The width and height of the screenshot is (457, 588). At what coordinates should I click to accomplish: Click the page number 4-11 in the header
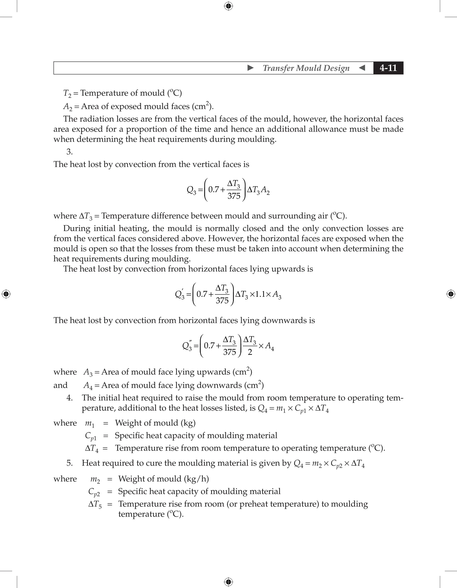click(x=388, y=68)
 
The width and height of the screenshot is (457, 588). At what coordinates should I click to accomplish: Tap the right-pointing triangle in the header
click(x=250, y=68)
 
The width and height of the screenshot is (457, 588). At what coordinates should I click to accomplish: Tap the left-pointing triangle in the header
click(x=362, y=68)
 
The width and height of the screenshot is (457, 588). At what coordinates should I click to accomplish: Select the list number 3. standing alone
click(x=69, y=152)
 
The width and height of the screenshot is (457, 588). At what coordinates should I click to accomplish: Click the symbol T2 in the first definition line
click(x=67, y=93)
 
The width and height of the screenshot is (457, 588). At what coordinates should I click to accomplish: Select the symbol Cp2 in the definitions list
click(x=94, y=492)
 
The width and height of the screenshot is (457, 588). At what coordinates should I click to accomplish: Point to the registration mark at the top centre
click(x=228, y=6)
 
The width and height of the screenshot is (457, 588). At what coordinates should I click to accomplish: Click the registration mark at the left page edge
click(x=6, y=294)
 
